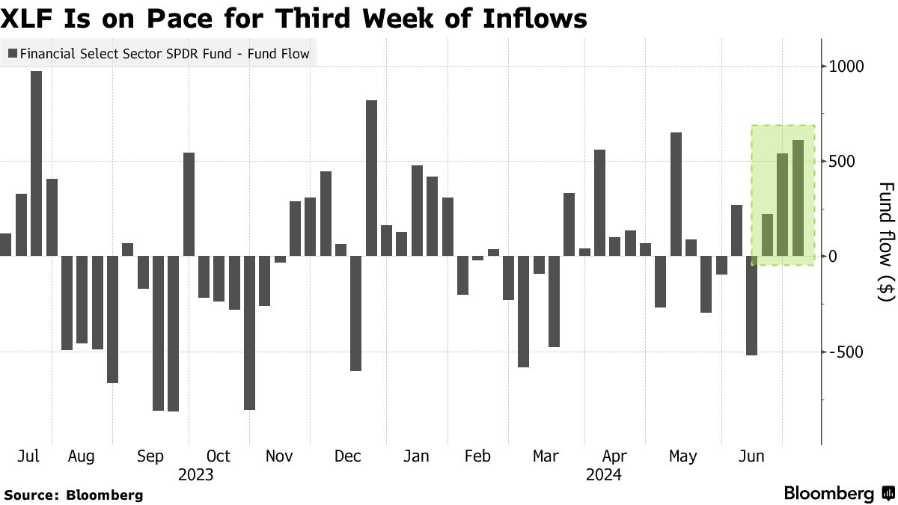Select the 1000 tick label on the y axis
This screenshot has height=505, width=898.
(845, 66)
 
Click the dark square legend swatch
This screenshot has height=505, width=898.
(13, 53)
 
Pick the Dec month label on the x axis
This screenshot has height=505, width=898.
(348, 456)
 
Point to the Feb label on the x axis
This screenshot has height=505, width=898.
(477, 456)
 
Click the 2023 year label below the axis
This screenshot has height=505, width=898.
(195, 474)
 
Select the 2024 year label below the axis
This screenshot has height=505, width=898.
(604, 474)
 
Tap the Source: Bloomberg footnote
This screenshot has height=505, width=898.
(73, 495)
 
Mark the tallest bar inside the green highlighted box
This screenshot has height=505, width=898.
(798, 198)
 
